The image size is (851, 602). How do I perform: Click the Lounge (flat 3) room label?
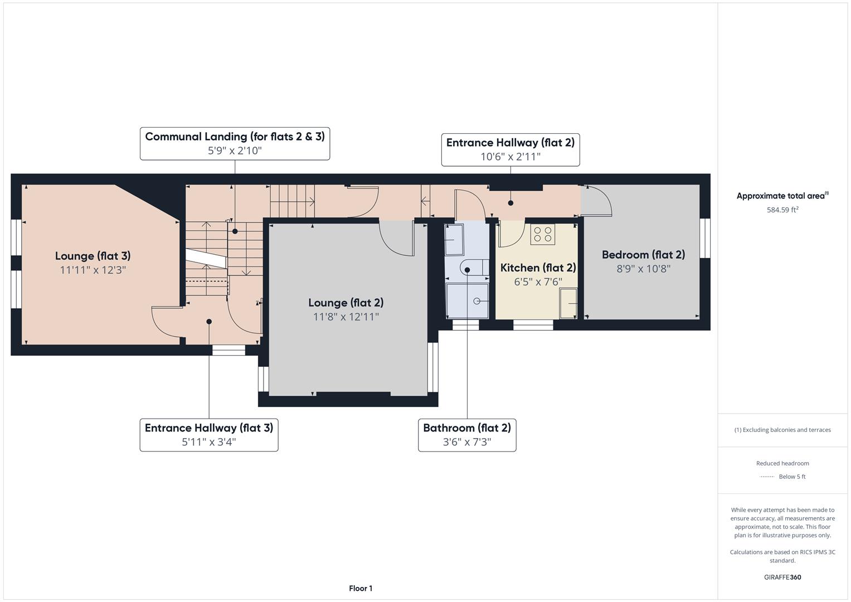click(93, 256)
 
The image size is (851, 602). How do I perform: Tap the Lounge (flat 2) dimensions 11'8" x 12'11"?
click(346, 317)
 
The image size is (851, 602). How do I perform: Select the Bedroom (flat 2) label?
click(643, 255)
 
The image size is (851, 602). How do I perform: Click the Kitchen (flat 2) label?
click(538, 268)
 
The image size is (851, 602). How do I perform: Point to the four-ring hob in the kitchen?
click(542, 235)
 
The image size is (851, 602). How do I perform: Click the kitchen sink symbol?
click(568, 303)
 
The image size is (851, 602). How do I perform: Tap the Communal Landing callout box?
click(235, 143)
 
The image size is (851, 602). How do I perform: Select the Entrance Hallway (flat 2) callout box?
click(510, 149)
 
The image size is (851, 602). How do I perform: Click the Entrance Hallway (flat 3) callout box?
click(208, 435)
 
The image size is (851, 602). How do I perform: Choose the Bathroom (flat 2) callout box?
click(467, 435)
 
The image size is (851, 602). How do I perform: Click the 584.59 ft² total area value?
click(782, 210)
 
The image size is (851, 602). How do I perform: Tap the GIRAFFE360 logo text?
click(782, 577)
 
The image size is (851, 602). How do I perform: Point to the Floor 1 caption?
click(361, 588)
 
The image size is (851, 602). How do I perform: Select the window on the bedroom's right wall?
click(705, 238)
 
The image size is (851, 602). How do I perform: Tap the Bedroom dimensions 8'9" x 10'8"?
click(643, 269)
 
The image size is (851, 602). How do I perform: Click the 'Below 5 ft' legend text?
click(792, 477)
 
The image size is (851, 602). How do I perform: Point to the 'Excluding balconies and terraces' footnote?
click(782, 430)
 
